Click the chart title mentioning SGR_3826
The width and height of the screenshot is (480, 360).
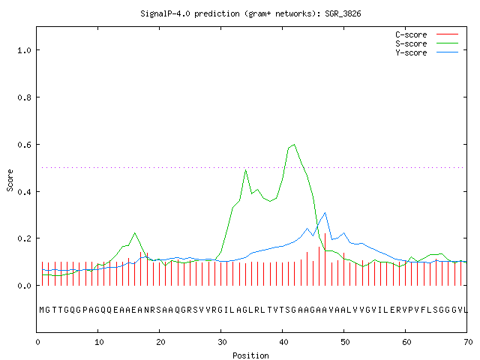tap(250, 13)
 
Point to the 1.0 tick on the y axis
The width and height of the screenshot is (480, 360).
tap(24, 50)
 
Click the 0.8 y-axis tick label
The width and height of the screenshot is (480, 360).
tap(24, 97)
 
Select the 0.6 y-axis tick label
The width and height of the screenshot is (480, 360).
tap(24, 145)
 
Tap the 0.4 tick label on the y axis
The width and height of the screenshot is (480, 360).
tap(24, 192)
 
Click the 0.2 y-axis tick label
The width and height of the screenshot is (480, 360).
tap(24, 238)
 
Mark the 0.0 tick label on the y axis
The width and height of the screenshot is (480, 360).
tap(24, 286)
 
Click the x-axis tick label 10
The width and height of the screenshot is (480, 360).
tap(98, 342)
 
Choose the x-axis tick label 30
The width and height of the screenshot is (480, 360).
tap(222, 342)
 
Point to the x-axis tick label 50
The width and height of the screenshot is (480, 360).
tap(345, 342)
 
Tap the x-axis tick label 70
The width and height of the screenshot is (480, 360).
tap(468, 342)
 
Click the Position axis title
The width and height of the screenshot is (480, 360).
tap(250, 355)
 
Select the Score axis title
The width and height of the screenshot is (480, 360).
tap(10, 181)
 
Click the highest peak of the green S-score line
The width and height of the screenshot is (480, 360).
tap(294, 145)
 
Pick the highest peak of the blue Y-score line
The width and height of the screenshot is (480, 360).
tap(325, 212)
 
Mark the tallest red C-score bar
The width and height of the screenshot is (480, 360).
tap(325, 259)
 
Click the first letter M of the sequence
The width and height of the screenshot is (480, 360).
tap(42, 310)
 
